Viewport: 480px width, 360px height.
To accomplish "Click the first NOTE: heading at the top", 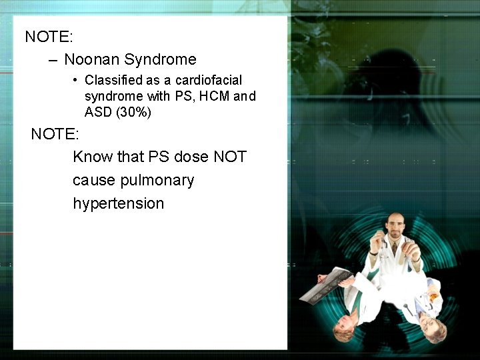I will coord(49,37).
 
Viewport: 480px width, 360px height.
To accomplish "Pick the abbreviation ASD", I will coord(98,113).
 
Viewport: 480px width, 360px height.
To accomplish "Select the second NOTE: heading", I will coord(55,134).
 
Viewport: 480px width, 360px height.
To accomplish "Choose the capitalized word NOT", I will coord(230,157).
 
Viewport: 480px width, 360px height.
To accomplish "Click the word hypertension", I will coord(118,203).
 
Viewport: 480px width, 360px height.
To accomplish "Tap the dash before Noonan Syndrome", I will coord(53,60).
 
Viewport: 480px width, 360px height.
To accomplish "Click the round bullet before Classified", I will coord(77,81).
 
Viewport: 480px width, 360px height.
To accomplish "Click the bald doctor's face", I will coord(395,230).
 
